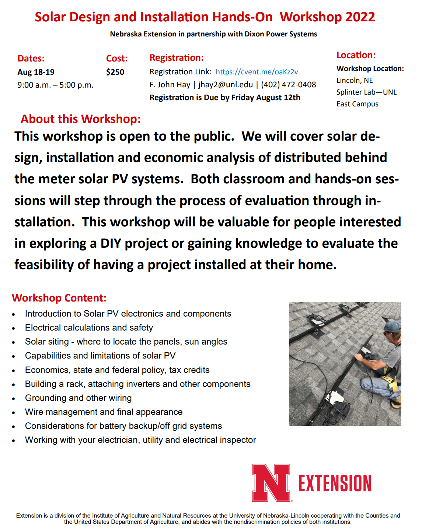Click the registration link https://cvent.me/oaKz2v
point(257,72)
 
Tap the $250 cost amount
point(115,72)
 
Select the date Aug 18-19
point(36,72)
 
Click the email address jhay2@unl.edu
point(226,85)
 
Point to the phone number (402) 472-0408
point(289,85)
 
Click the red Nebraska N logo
point(271,483)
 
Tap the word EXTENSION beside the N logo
point(335,483)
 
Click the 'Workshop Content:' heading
point(59,298)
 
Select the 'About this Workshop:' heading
point(81,119)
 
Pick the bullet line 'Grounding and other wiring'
point(78,398)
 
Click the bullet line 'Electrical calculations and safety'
point(89,328)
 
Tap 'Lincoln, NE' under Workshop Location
point(355,80)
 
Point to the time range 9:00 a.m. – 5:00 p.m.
point(55,85)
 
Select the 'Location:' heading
point(356,55)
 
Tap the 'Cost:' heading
point(117,59)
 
